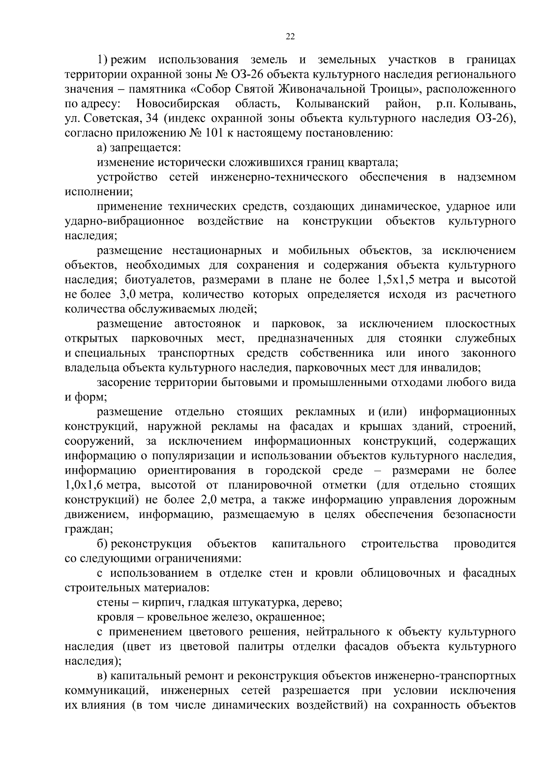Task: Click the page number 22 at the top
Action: coord(290,37)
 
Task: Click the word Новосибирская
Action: coord(178,104)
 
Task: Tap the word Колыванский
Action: coord(332,104)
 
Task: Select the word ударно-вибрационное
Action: coord(124,221)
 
